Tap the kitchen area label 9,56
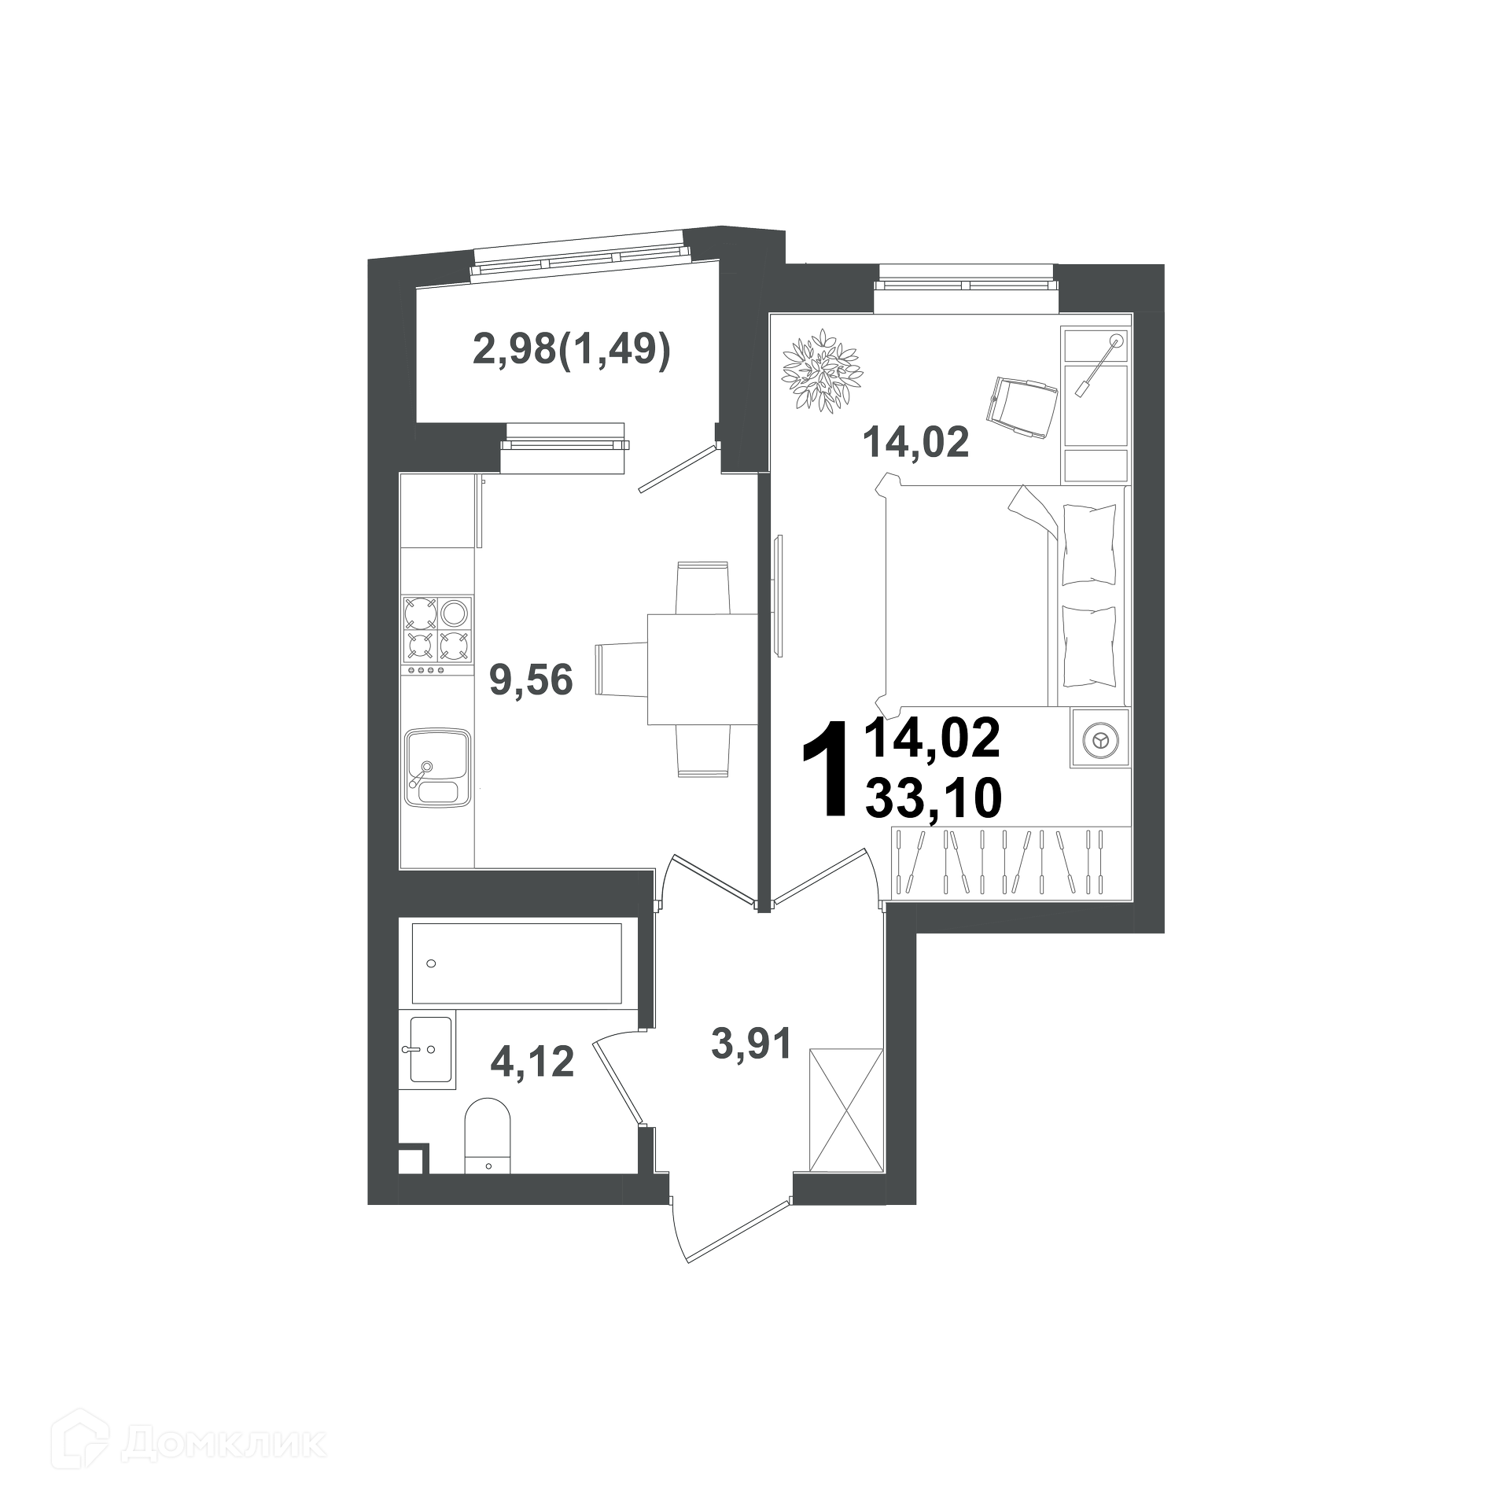coord(531,680)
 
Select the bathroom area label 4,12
coord(532,1062)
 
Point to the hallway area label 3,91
coord(750,1044)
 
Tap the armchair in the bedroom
coord(1021,405)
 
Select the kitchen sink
coord(438,767)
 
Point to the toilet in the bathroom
coord(488,1136)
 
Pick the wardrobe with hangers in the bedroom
coord(1011,864)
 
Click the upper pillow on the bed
coord(1089,544)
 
